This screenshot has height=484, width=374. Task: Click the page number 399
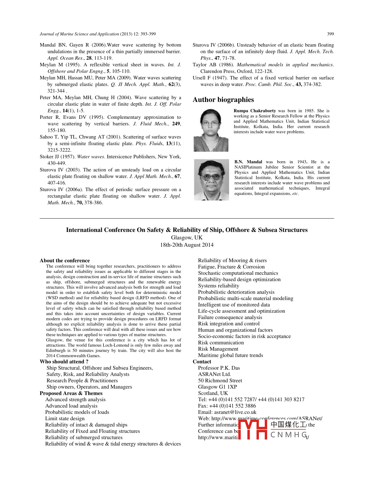330,34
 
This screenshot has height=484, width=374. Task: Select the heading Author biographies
223,100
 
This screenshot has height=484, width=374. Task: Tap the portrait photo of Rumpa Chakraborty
211,130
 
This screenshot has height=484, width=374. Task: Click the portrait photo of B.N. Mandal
211,180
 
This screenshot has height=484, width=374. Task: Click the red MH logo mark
253,430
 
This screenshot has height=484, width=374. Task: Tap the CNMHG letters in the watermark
288,435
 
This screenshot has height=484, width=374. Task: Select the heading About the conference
65,261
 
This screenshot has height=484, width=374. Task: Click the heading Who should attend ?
64,362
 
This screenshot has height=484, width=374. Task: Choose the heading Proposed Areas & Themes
71,393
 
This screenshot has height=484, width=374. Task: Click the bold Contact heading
202,362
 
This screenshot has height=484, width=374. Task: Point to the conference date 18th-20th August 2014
187,245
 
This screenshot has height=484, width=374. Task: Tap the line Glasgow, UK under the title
187,238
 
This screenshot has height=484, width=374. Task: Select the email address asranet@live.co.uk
235,412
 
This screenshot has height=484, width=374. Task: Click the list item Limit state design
65,418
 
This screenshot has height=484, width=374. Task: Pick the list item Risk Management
218,349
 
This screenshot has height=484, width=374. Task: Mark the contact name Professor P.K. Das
219,368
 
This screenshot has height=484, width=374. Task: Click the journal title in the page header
79,34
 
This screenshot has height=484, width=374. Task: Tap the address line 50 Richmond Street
220,380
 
